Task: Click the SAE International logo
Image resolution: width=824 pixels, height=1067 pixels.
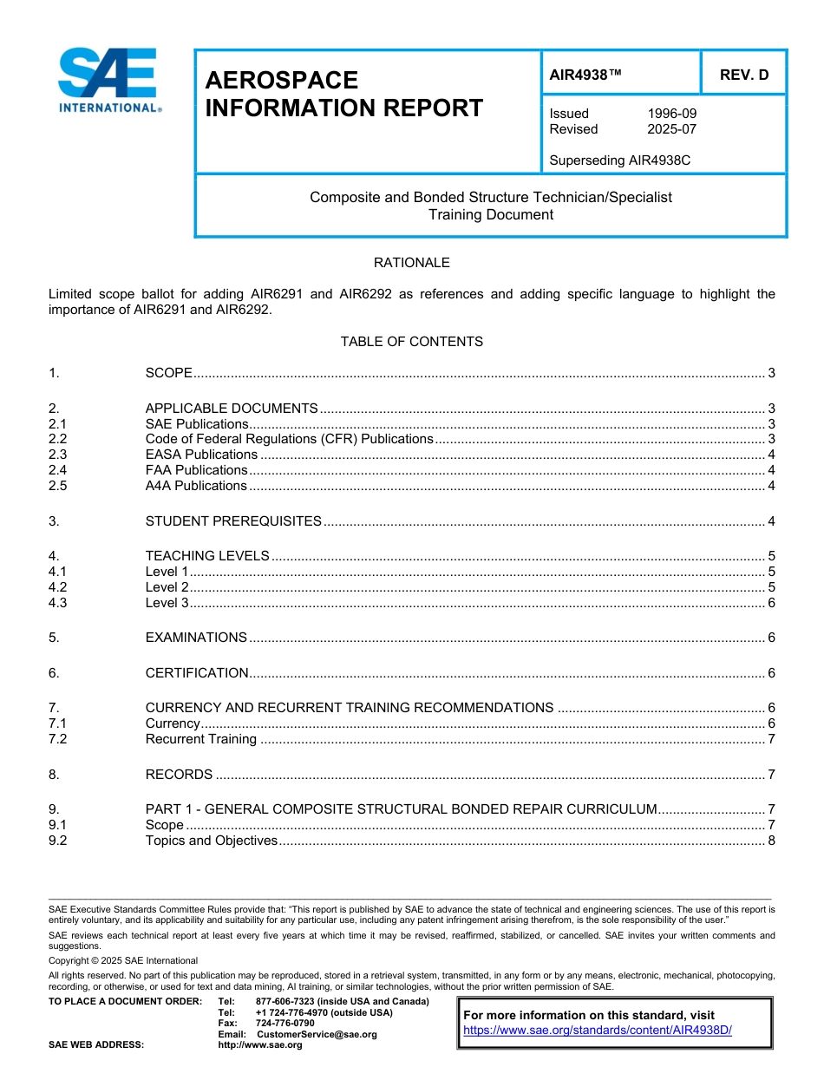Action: (108, 80)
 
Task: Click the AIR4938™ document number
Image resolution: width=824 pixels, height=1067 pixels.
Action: (585, 75)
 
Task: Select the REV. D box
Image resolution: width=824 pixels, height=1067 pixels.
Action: (743, 75)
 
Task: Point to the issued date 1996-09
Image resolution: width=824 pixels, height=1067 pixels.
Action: (671, 114)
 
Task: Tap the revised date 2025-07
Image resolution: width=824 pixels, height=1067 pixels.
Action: (671, 129)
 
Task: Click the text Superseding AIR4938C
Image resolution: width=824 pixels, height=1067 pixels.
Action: (619, 160)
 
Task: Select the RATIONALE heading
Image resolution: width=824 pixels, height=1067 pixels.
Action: (411, 262)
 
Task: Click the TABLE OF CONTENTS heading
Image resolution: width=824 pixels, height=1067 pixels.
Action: (411, 342)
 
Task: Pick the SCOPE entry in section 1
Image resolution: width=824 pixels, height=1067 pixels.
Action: (168, 373)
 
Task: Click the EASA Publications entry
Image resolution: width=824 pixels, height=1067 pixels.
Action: (201, 455)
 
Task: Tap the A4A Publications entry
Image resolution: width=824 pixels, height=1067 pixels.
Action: (196, 486)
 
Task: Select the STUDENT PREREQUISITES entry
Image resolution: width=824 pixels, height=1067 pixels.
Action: (233, 521)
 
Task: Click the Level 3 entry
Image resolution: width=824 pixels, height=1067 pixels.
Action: (167, 603)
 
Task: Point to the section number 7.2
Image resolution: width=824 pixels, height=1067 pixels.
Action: (58, 739)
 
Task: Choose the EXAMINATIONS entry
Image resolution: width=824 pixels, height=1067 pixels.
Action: (196, 638)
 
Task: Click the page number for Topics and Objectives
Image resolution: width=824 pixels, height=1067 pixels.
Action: (771, 841)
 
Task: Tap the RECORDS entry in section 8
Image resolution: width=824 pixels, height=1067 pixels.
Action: (179, 775)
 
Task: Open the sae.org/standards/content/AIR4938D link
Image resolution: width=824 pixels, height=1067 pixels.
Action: (598, 1031)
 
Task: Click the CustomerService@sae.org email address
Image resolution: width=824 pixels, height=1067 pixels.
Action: (317, 1034)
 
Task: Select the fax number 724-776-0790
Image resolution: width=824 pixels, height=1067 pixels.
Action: (284, 1024)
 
